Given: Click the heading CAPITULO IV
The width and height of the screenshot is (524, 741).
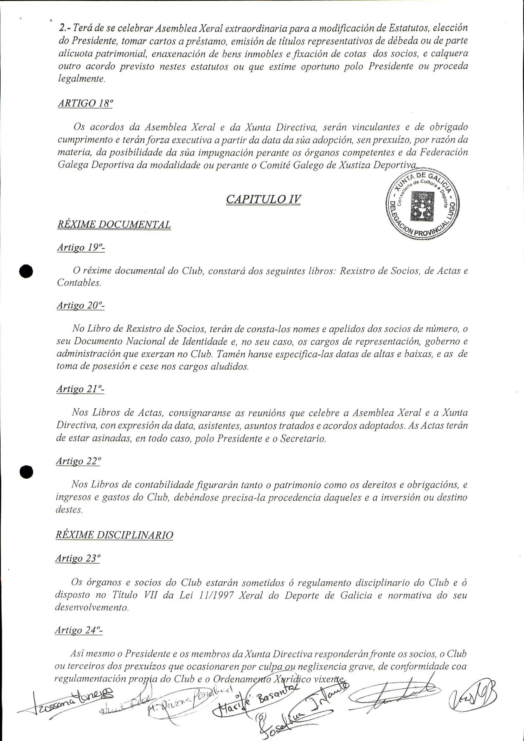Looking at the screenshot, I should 263,199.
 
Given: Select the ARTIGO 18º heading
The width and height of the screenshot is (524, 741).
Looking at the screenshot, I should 85,103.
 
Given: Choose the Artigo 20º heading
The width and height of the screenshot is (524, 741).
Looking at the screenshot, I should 80,305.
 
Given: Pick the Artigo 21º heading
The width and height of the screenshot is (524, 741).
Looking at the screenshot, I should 80,389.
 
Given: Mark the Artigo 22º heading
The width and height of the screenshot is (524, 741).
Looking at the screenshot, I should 78,462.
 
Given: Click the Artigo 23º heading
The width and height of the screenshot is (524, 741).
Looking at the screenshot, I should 77,558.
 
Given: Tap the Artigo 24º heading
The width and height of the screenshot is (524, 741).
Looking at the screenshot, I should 78,630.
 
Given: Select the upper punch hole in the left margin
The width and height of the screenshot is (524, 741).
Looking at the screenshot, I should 26,271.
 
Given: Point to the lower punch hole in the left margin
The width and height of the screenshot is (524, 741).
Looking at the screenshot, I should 26,472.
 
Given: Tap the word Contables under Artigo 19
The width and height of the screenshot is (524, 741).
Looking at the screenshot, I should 79,283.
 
